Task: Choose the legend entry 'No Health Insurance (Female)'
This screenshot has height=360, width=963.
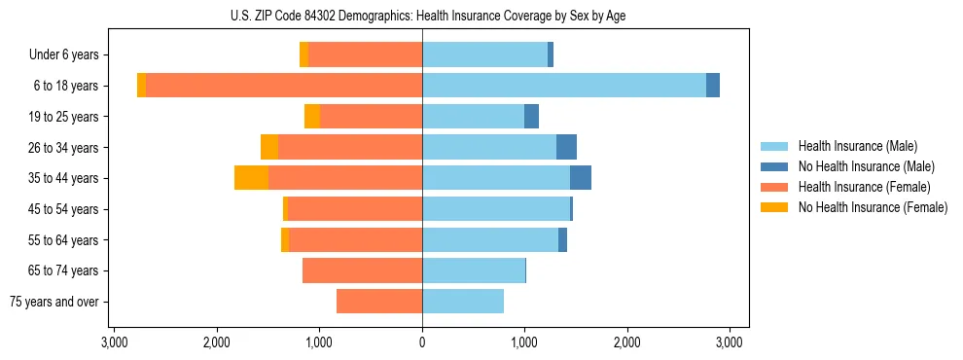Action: click(873, 207)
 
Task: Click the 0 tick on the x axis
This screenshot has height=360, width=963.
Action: click(422, 342)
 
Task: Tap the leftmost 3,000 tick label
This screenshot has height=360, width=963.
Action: click(114, 342)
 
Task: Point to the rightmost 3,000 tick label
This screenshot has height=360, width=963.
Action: click(730, 342)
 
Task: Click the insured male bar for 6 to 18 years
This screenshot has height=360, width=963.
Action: click(564, 86)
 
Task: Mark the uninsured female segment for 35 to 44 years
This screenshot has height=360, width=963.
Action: click(251, 178)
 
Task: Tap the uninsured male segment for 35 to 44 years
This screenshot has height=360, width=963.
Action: click(581, 178)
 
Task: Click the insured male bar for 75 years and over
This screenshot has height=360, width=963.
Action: click(463, 302)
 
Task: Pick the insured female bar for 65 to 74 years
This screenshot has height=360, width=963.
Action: click(362, 270)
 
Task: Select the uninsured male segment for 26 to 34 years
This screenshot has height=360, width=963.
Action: click(566, 147)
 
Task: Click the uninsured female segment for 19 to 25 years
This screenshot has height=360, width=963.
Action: click(312, 117)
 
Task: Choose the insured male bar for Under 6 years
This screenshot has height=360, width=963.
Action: click(484, 54)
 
